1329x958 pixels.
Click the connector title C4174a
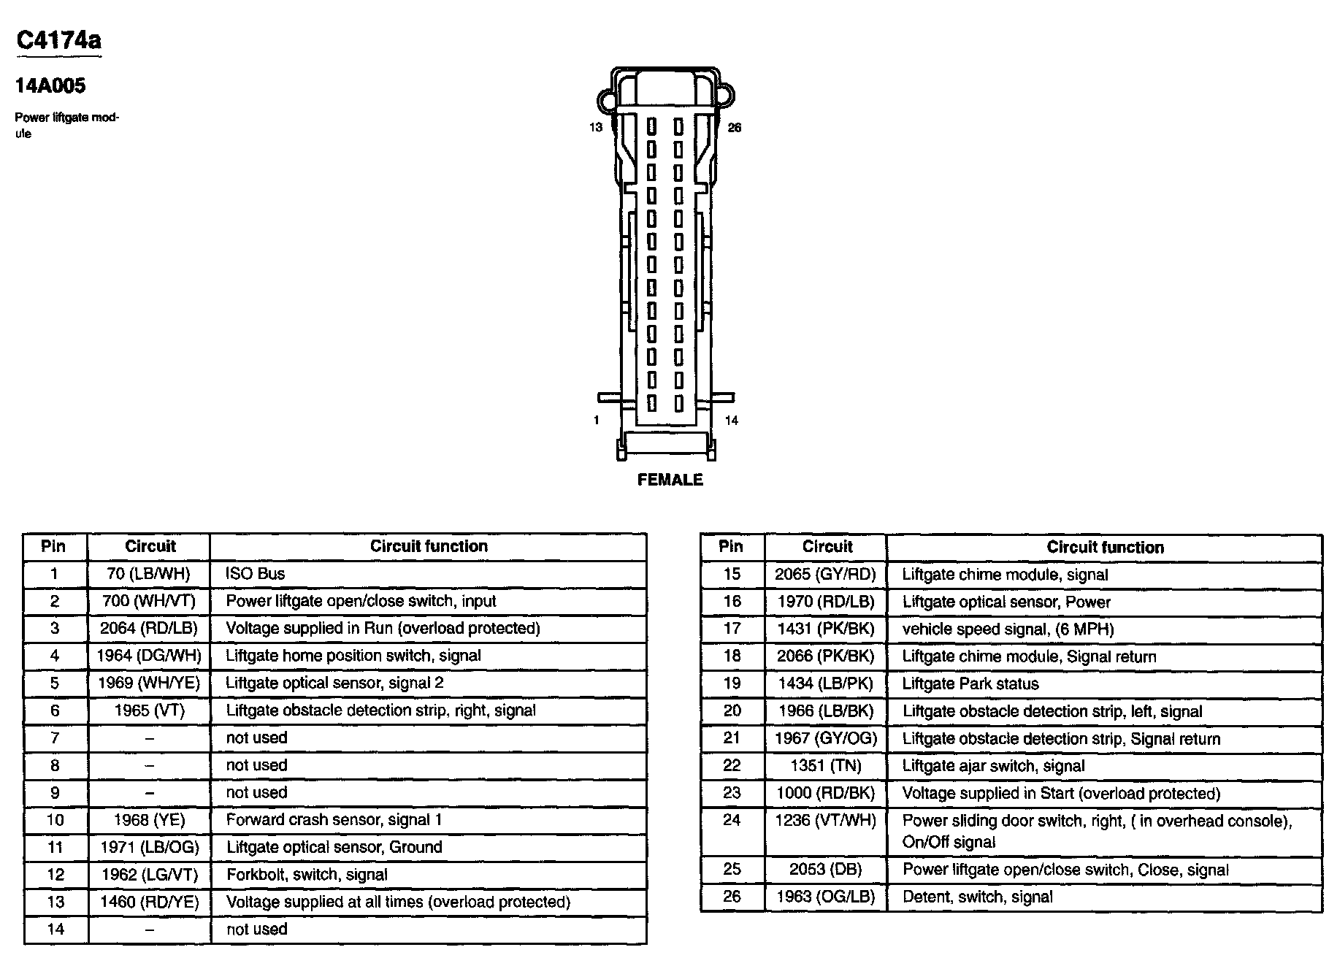58,40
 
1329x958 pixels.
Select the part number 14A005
50,85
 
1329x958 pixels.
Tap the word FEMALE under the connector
670,480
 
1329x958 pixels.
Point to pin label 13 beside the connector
596,128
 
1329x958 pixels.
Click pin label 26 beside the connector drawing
734,128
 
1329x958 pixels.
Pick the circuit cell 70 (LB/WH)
148,574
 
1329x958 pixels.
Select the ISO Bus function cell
256,574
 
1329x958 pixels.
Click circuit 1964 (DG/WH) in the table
149,656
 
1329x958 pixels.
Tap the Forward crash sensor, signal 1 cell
334,820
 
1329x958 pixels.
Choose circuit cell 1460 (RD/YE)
150,903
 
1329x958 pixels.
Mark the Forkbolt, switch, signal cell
307,875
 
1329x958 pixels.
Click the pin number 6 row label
55,710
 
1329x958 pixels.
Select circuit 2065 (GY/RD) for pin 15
825,575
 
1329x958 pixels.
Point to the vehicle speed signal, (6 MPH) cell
1008,629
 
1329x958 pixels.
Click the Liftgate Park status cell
970,684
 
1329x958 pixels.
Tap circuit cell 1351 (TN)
825,766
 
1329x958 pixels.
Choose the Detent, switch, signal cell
977,897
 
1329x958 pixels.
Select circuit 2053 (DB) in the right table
825,870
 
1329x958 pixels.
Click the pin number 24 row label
732,821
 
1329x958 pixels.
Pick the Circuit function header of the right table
1105,548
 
